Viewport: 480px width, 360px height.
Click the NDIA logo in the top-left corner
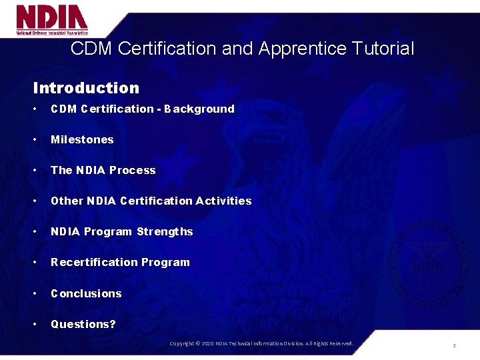pos(52,19)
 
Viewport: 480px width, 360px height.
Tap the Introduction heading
pos(86,88)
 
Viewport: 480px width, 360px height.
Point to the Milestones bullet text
pos(82,139)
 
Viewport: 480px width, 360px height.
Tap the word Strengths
pos(165,231)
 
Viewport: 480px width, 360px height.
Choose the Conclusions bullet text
pos(86,293)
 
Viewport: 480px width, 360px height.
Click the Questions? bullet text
pos(83,324)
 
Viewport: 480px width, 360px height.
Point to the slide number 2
pos(454,345)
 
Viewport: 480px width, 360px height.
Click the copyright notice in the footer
pos(261,343)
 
